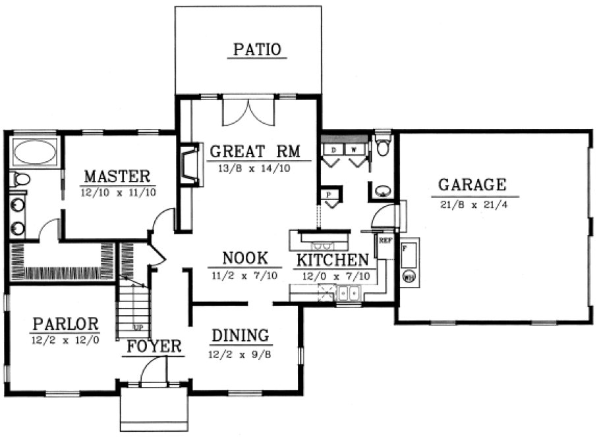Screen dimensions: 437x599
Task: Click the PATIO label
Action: point(257,49)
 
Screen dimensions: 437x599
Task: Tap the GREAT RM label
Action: point(254,152)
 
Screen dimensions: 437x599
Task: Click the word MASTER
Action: point(117,176)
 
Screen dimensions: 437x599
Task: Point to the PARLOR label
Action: point(65,324)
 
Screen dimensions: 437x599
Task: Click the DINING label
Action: point(240,336)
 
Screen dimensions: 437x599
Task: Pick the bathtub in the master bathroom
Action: point(34,153)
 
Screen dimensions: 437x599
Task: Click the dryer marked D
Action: point(333,150)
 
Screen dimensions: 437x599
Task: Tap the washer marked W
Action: point(354,150)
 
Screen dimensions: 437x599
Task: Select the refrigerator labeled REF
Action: point(384,247)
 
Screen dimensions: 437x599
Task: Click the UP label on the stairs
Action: point(138,327)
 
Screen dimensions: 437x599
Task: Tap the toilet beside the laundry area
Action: point(383,146)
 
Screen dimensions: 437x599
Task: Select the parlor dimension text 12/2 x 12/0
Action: point(65,340)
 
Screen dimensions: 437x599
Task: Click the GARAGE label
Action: point(472,184)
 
